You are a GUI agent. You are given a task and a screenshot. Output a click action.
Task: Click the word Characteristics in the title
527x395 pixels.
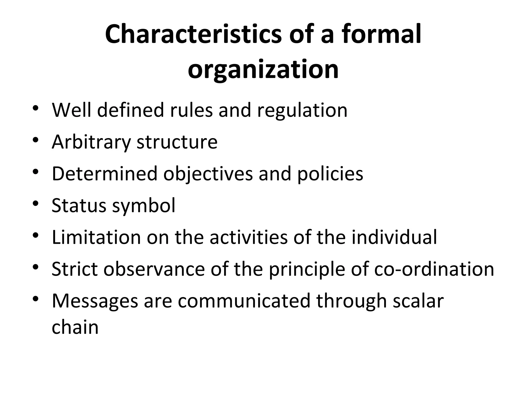(x=193, y=34)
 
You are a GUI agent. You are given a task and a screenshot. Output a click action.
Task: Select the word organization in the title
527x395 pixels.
(x=263, y=69)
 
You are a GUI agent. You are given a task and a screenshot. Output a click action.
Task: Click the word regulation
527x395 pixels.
(x=302, y=111)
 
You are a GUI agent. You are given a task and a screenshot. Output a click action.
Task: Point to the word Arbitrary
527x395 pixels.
(x=91, y=142)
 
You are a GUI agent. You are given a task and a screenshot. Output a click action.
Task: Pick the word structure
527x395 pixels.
(x=177, y=142)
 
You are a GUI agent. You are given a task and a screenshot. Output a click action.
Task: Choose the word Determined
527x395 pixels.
(x=104, y=174)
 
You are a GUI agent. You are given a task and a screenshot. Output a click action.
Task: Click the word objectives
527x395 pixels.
(x=208, y=174)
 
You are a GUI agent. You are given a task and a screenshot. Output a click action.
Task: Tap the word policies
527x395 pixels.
(x=330, y=174)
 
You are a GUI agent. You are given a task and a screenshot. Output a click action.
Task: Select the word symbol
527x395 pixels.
(x=144, y=206)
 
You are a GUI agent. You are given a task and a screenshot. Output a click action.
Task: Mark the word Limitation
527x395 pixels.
(x=96, y=237)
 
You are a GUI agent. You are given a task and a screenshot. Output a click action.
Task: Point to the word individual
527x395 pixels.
(x=394, y=237)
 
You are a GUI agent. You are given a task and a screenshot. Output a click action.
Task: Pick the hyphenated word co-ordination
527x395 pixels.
(x=434, y=269)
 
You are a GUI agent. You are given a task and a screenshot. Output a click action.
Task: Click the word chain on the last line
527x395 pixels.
(x=75, y=327)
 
